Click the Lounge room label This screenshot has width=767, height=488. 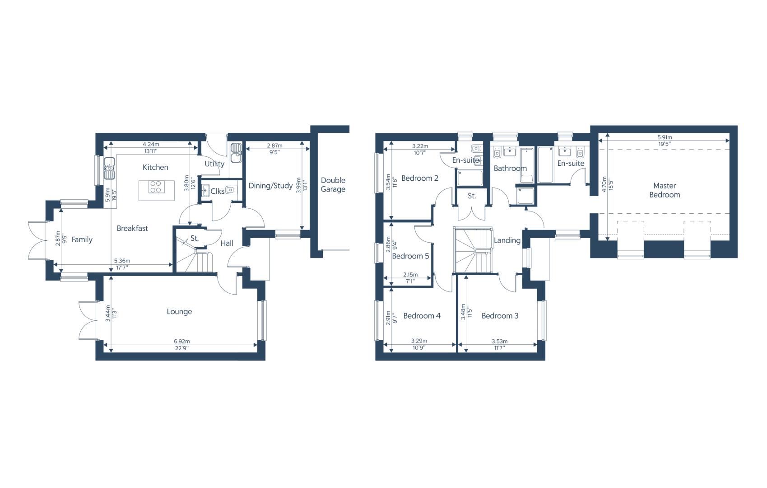(179, 312)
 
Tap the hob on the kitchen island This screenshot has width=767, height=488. (157, 187)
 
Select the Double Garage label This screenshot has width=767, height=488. (333, 185)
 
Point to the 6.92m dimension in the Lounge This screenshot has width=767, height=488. (181, 341)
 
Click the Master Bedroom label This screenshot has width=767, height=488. (665, 190)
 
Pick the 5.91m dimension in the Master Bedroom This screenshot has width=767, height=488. (665, 137)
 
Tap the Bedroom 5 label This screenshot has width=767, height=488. (410, 256)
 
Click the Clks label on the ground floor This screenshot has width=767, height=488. (218, 191)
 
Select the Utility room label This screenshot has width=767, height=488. (214, 164)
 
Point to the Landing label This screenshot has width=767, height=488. (507, 240)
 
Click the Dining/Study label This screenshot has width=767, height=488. (270, 186)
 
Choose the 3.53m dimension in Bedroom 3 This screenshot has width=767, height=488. (500, 341)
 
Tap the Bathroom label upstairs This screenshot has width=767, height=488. (510, 168)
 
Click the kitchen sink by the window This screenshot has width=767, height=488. (109, 168)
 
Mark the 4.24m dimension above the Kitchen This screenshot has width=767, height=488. (151, 144)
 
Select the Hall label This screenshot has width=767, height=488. (227, 243)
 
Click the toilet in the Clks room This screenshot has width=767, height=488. (231, 189)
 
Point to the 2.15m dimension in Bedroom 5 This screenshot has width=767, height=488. (410, 275)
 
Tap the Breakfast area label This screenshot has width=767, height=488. (132, 228)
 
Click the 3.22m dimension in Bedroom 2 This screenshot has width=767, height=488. (420, 146)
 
